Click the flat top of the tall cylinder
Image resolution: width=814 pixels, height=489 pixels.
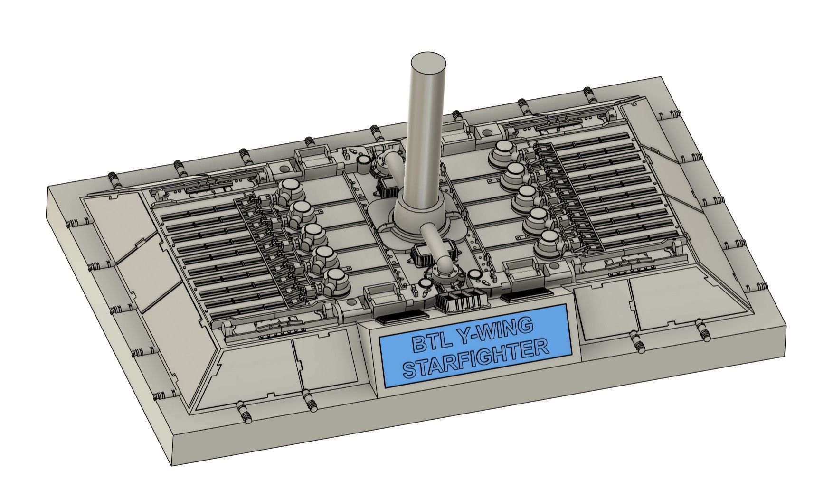tap(427, 64)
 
